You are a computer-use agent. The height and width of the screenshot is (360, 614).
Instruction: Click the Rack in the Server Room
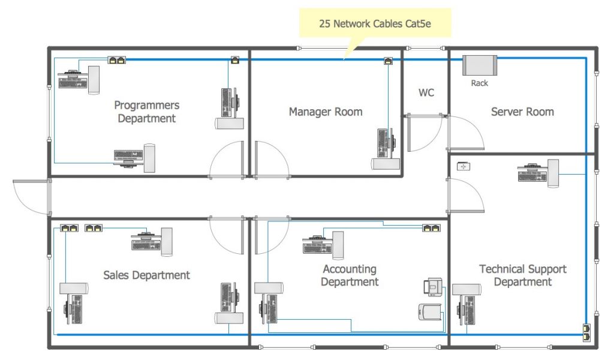(480, 65)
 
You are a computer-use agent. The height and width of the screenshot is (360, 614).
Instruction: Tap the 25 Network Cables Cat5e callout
(375, 25)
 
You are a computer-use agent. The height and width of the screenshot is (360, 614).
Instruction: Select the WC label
(426, 93)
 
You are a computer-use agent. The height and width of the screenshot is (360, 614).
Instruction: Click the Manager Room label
(326, 112)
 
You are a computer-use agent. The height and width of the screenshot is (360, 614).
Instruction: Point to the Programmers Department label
(147, 112)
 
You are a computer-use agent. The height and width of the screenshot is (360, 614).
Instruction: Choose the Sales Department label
(146, 275)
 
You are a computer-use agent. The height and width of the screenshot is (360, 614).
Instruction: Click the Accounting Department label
(350, 275)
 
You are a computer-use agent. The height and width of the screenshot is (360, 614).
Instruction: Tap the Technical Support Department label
(522, 275)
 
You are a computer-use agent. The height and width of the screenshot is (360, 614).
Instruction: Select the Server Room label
(522, 112)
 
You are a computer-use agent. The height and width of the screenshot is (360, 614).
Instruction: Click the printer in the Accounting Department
(434, 287)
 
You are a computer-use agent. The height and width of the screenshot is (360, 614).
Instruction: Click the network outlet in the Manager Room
(388, 61)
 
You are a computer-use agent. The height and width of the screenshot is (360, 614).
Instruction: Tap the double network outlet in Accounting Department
(431, 228)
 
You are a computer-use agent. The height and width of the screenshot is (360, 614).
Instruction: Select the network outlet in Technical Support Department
(585, 332)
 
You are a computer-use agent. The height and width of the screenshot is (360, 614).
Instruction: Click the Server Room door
(466, 133)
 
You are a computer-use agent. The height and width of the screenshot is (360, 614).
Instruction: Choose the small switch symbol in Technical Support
(463, 166)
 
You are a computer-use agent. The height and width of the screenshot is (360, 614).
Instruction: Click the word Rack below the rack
(480, 83)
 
